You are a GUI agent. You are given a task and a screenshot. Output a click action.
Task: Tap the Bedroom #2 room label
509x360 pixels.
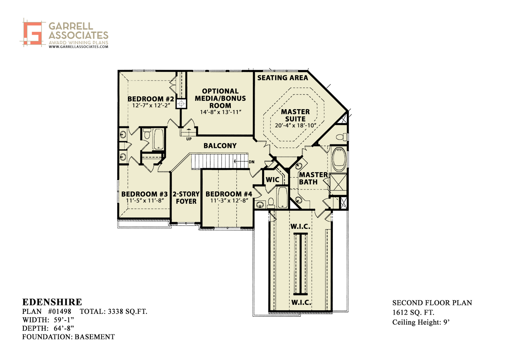point(151,99)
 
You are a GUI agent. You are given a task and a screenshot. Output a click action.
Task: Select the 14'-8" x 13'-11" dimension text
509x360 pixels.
point(221,112)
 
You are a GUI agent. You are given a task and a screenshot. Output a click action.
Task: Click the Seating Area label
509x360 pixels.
point(283,78)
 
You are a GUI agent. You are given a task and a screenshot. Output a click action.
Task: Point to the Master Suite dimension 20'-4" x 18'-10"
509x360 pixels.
point(296,125)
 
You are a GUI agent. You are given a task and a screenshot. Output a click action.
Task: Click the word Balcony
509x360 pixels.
point(220,146)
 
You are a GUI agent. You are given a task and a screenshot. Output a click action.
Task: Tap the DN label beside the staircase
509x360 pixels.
point(252,162)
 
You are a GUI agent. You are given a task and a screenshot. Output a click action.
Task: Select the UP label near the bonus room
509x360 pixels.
point(189,139)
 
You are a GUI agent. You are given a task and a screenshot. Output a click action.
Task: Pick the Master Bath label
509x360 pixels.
point(314,178)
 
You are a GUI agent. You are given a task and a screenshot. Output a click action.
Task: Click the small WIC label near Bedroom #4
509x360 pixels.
point(272,180)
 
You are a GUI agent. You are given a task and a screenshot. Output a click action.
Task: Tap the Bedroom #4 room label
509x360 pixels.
point(229,194)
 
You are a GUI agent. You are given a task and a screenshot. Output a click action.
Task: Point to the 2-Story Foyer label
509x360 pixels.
point(186,198)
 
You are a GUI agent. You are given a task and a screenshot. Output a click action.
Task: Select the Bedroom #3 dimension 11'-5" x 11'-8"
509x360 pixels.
point(145,201)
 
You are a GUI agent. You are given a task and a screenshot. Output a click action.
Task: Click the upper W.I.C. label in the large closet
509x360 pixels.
point(300,226)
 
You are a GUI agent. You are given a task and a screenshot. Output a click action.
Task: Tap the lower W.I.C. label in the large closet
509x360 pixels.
point(301,303)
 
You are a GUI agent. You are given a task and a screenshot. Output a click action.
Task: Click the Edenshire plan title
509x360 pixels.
point(52,302)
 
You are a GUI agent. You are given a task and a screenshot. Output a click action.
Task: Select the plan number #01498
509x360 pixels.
point(60,311)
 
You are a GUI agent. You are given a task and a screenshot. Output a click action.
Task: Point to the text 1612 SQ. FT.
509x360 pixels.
point(413,313)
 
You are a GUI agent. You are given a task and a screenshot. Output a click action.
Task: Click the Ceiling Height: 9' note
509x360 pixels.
point(421,322)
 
